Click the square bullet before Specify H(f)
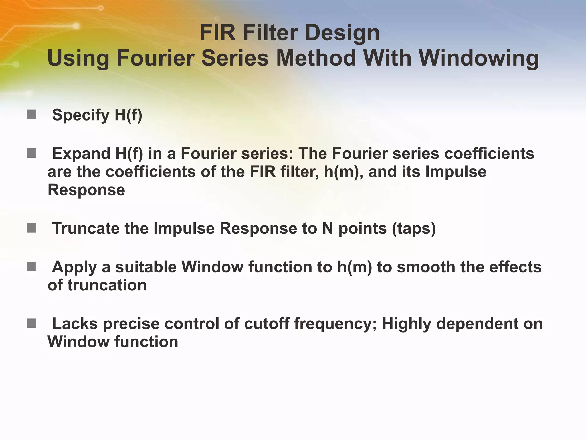point(31,115)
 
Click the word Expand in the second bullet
point(81,154)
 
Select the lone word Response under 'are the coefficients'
point(86,190)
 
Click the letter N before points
point(328,229)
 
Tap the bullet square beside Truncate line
point(31,228)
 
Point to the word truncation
point(107,285)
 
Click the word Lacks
point(75,324)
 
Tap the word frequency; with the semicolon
point(335,324)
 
